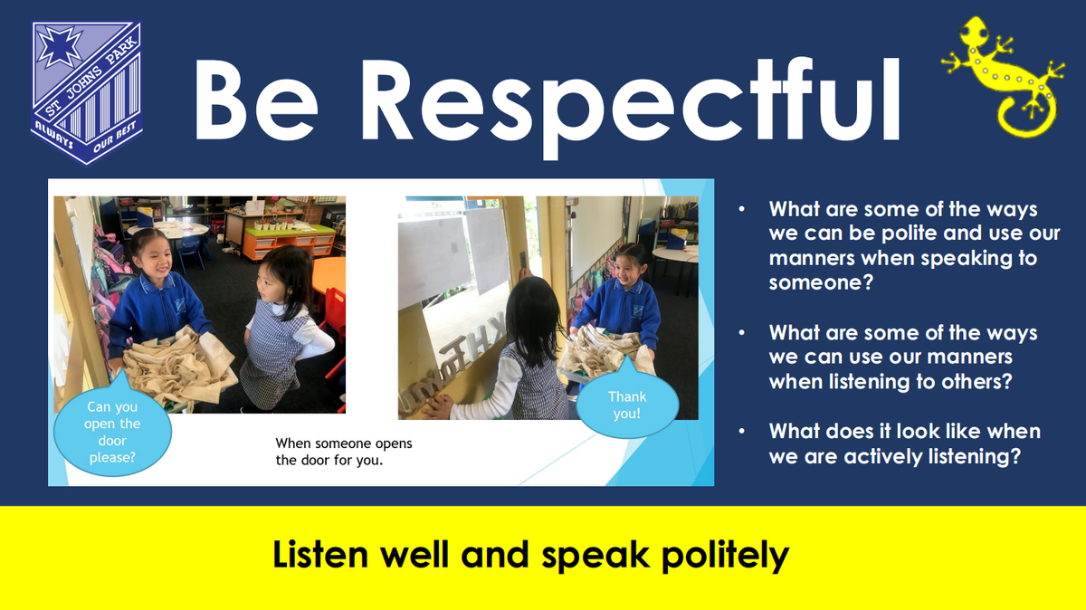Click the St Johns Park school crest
tap(87, 93)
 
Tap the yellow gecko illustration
tap(1004, 77)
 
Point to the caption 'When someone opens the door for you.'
tap(344, 452)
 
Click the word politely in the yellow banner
tap(725, 556)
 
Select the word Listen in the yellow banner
tap(320, 554)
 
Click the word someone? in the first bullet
tap(821, 282)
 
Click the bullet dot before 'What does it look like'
tap(742, 431)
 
